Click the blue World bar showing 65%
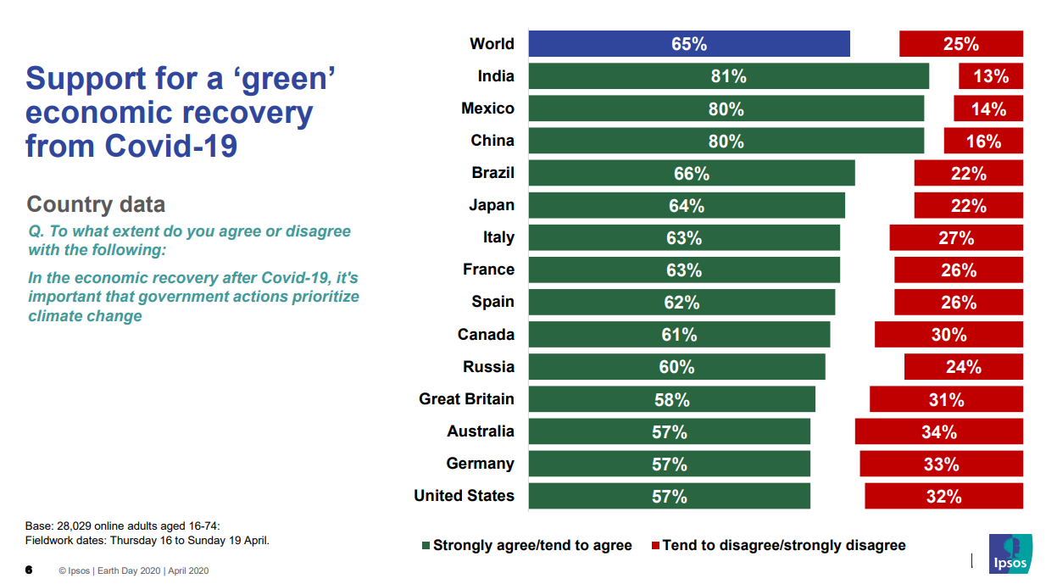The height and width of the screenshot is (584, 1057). (688, 44)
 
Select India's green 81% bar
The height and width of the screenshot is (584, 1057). (728, 76)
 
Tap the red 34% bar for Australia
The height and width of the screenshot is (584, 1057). (938, 431)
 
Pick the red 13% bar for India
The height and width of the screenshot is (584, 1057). (990, 76)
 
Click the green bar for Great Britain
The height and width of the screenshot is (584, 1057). (671, 399)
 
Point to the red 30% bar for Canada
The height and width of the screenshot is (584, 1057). (949, 335)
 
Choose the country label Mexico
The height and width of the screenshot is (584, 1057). (487, 108)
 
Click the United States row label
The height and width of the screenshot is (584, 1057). (464, 496)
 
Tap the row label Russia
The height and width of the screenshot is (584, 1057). (488, 367)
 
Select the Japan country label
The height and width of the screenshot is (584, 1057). (492, 205)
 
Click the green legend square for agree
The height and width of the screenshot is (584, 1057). (426, 546)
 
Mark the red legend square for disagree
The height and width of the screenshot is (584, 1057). (655, 546)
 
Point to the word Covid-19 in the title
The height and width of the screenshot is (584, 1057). (171, 146)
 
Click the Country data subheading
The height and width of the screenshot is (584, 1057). (96, 204)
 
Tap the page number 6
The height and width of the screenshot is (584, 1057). (28, 570)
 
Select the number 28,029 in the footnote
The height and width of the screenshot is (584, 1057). (74, 526)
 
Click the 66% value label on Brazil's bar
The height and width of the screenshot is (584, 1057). (691, 174)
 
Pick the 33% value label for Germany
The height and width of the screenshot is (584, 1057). (941, 464)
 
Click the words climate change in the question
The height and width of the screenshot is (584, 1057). (85, 316)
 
